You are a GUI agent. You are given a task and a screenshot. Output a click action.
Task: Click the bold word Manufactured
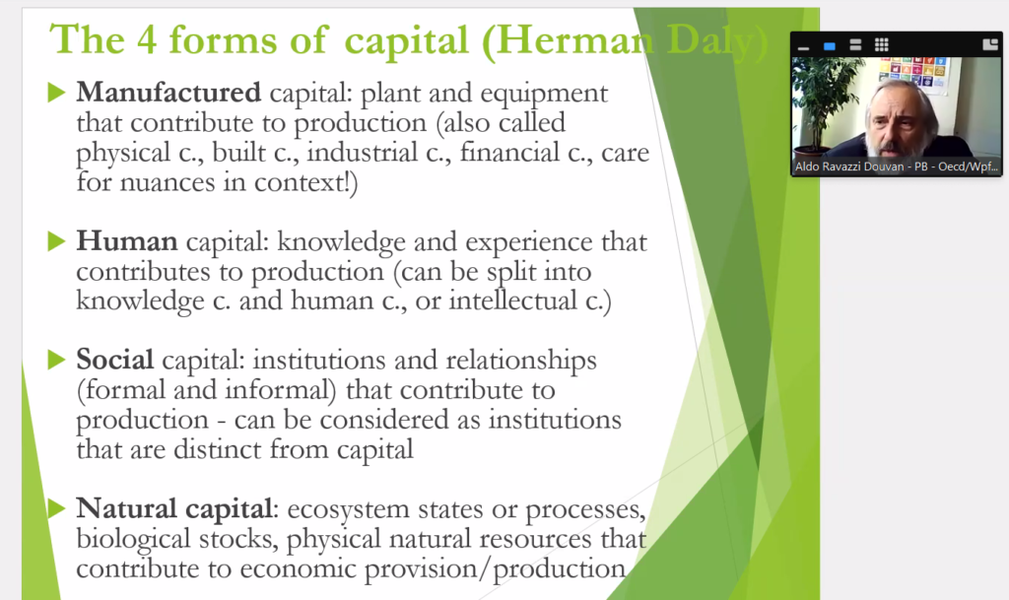[168, 93]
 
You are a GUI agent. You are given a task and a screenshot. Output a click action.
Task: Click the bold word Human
[127, 241]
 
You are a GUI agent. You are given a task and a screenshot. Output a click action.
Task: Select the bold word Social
[115, 359]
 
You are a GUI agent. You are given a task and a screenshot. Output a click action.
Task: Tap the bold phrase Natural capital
[174, 509]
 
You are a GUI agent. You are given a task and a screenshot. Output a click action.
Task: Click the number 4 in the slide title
[147, 39]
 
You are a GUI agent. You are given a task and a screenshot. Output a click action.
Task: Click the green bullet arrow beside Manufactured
[56, 93]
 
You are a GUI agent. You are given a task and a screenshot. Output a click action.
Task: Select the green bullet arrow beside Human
[56, 241]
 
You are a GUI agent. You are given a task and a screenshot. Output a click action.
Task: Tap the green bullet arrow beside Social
[56, 360]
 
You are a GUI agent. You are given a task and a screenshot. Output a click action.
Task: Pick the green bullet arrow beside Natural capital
[56, 508]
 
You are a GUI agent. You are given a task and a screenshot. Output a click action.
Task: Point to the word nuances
[168, 182]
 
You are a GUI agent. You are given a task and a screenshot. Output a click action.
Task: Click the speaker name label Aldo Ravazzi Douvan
[849, 167]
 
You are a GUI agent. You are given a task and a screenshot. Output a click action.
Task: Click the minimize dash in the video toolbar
[803, 47]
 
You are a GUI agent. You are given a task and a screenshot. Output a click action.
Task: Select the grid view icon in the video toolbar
[882, 44]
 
